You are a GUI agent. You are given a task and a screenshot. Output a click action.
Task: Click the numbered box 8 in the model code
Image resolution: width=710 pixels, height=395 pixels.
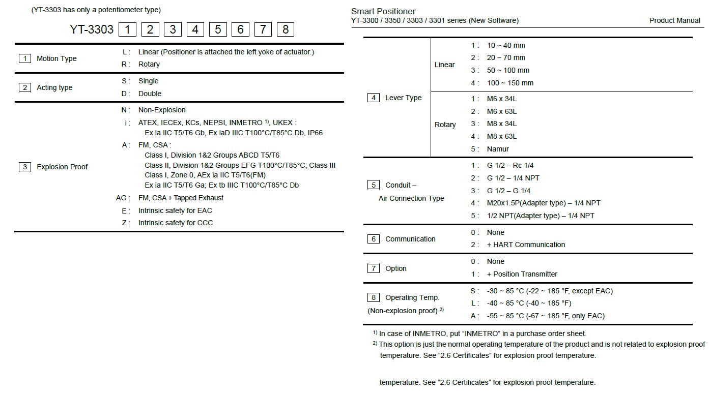(286, 29)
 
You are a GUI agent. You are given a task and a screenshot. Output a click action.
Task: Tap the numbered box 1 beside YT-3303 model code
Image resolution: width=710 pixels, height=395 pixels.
(127, 29)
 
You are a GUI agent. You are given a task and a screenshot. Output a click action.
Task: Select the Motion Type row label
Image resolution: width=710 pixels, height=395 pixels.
(56, 58)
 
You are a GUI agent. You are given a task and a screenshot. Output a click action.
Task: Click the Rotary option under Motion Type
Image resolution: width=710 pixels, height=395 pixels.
(149, 64)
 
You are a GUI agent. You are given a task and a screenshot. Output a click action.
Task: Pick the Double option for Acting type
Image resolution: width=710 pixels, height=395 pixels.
(150, 94)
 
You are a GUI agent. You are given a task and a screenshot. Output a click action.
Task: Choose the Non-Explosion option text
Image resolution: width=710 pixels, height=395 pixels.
(162, 110)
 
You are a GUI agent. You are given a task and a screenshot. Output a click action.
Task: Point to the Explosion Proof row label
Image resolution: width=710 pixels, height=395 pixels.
(62, 167)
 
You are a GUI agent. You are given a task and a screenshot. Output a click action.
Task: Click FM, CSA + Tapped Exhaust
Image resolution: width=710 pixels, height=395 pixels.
(181, 198)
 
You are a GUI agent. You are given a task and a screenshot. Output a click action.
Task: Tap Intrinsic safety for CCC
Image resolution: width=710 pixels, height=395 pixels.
(176, 223)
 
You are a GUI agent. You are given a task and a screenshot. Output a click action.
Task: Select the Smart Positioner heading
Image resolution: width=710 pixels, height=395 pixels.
(383, 11)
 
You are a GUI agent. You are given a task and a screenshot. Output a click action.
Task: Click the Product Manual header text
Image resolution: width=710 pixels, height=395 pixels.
(675, 20)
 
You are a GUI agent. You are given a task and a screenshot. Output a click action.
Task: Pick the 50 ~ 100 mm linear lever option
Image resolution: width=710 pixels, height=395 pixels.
(508, 70)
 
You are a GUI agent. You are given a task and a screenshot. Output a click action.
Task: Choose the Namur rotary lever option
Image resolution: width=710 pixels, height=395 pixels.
(498, 149)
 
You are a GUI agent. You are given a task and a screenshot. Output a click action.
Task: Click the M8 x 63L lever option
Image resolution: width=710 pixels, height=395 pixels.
(501, 136)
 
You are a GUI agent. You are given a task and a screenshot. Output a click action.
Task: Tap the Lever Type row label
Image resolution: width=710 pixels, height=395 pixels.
(403, 98)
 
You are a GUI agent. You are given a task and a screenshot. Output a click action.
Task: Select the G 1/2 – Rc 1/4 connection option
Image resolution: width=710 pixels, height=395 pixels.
(510, 165)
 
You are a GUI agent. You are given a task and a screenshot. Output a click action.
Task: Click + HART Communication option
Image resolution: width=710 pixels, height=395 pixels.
(526, 245)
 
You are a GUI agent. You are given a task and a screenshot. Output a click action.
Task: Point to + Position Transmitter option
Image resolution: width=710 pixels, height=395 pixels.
(522, 274)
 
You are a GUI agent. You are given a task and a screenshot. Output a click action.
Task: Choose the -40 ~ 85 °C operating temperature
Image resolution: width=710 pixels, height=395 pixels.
(529, 303)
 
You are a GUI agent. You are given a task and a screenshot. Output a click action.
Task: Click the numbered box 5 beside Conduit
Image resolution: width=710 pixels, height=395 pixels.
(374, 185)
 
